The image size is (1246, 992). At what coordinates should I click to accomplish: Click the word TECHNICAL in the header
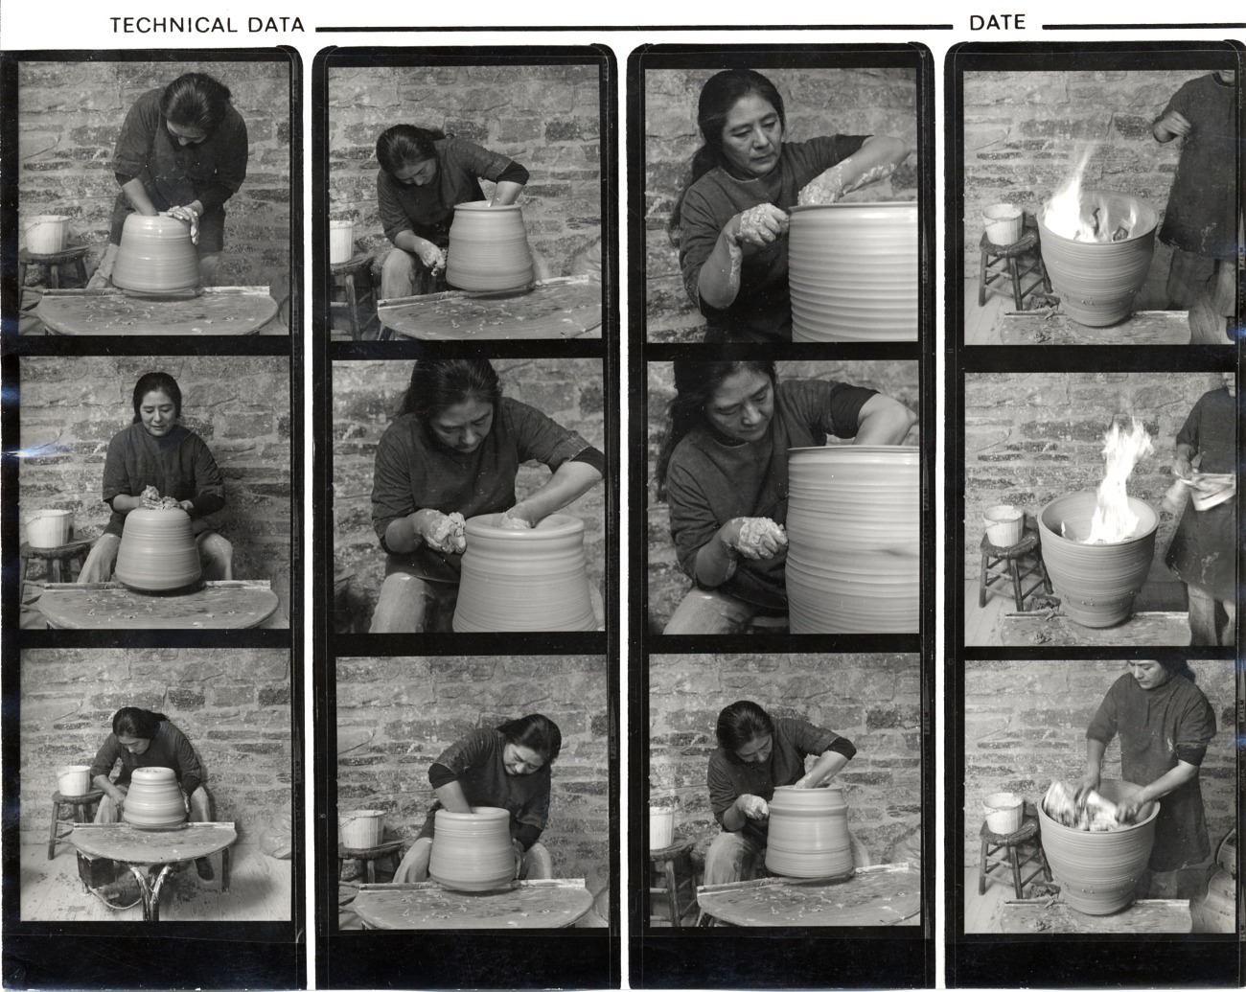click(173, 25)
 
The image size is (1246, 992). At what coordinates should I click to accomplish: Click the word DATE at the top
click(998, 23)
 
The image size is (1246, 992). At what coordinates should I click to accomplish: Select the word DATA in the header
click(276, 25)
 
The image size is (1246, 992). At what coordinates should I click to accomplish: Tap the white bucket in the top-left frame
click(45, 234)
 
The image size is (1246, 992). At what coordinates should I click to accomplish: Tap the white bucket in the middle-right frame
click(1003, 525)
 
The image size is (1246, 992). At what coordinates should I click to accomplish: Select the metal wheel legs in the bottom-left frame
click(151, 888)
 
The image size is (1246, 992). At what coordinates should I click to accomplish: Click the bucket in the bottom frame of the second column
click(362, 828)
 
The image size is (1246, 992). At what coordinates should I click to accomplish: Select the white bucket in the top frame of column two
click(341, 241)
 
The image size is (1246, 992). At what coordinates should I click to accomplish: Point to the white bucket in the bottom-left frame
click(74, 780)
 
